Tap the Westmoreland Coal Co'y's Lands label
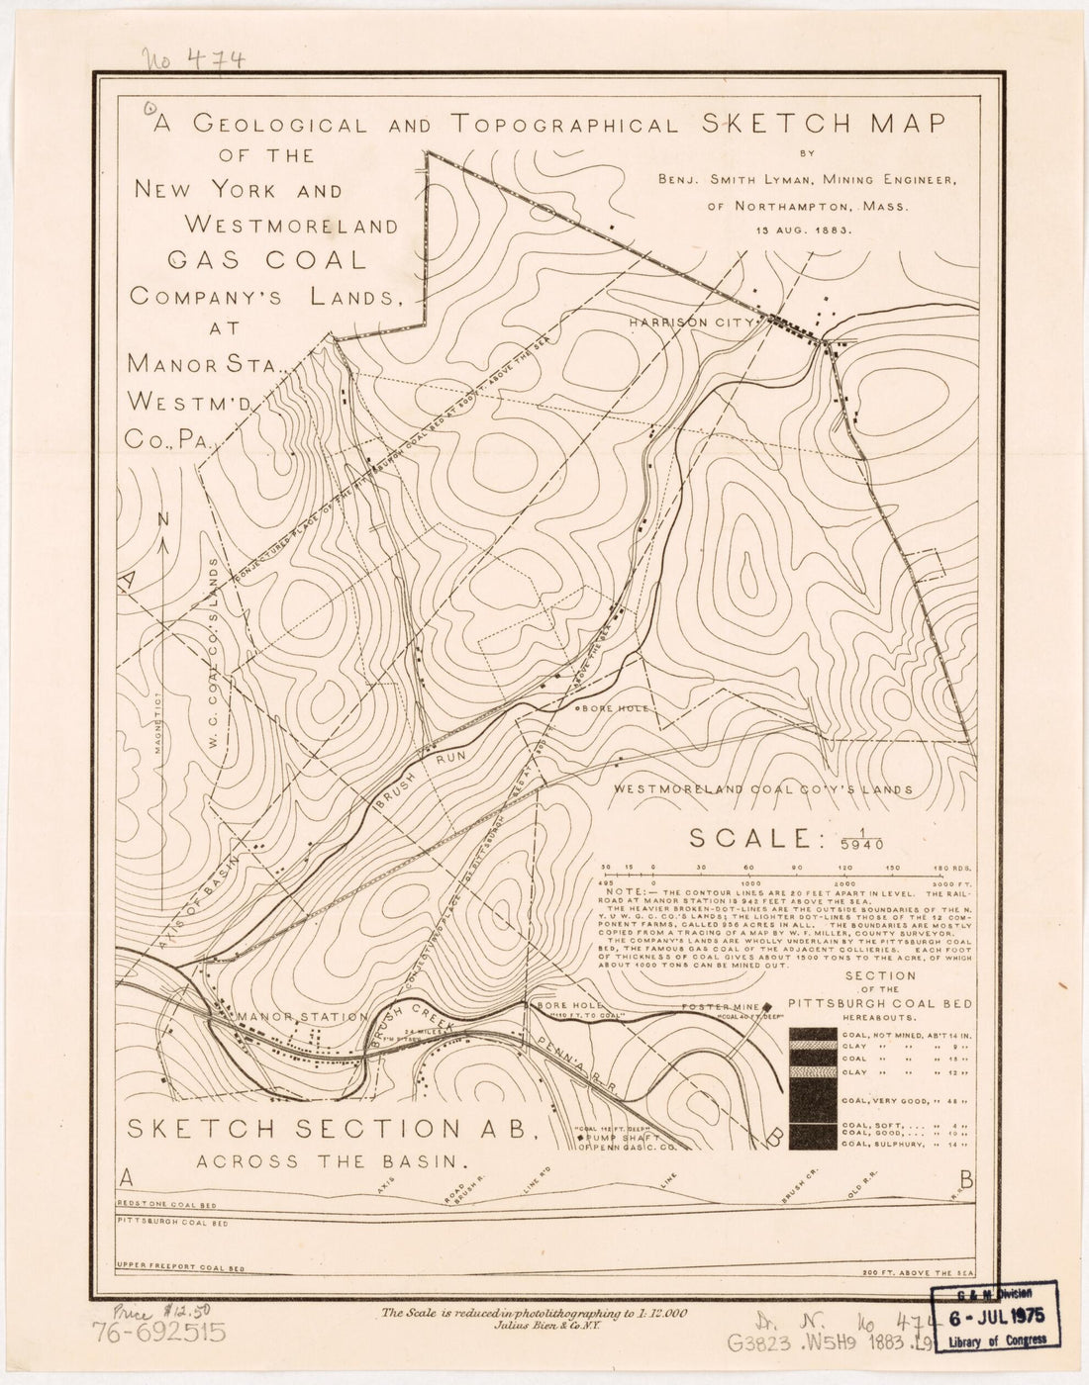tap(761, 789)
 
